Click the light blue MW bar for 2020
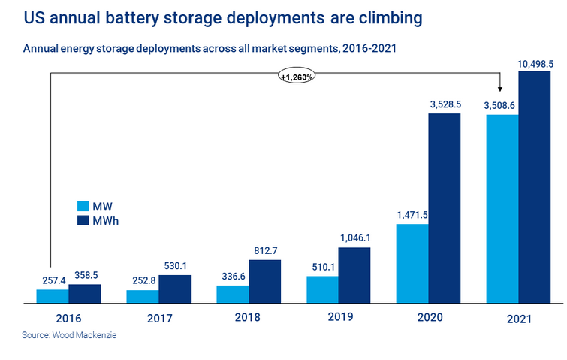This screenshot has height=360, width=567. pyautogui.click(x=412, y=263)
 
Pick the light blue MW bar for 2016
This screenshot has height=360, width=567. pyautogui.click(x=53, y=296)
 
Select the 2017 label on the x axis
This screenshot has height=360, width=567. pyautogui.click(x=159, y=317)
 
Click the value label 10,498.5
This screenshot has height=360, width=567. pyautogui.click(x=535, y=65)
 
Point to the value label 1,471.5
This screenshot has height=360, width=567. pyautogui.click(x=412, y=215)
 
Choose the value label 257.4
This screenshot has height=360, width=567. pyautogui.click(x=53, y=280)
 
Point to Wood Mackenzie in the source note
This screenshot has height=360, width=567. pyautogui.click(x=86, y=335)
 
